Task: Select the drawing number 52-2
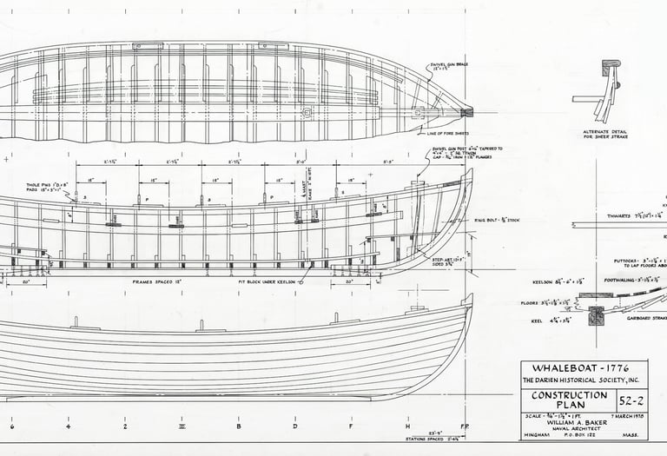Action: pyautogui.click(x=631, y=401)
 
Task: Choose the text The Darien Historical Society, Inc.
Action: pyautogui.click(x=584, y=381)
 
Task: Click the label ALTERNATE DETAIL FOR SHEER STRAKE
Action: pyautogui.click(x=605, y=134)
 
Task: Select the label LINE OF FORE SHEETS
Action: pyautogui.click(x=448, y=133)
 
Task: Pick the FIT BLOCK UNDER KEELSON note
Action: pyautogui.click(x=267, y=281)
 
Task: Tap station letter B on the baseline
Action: pyautogui.click(x=238, y=426)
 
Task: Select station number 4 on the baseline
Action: pyautogui.click(x=68, y=426)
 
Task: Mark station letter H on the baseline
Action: pyautogui.click(x=407, y=426)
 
